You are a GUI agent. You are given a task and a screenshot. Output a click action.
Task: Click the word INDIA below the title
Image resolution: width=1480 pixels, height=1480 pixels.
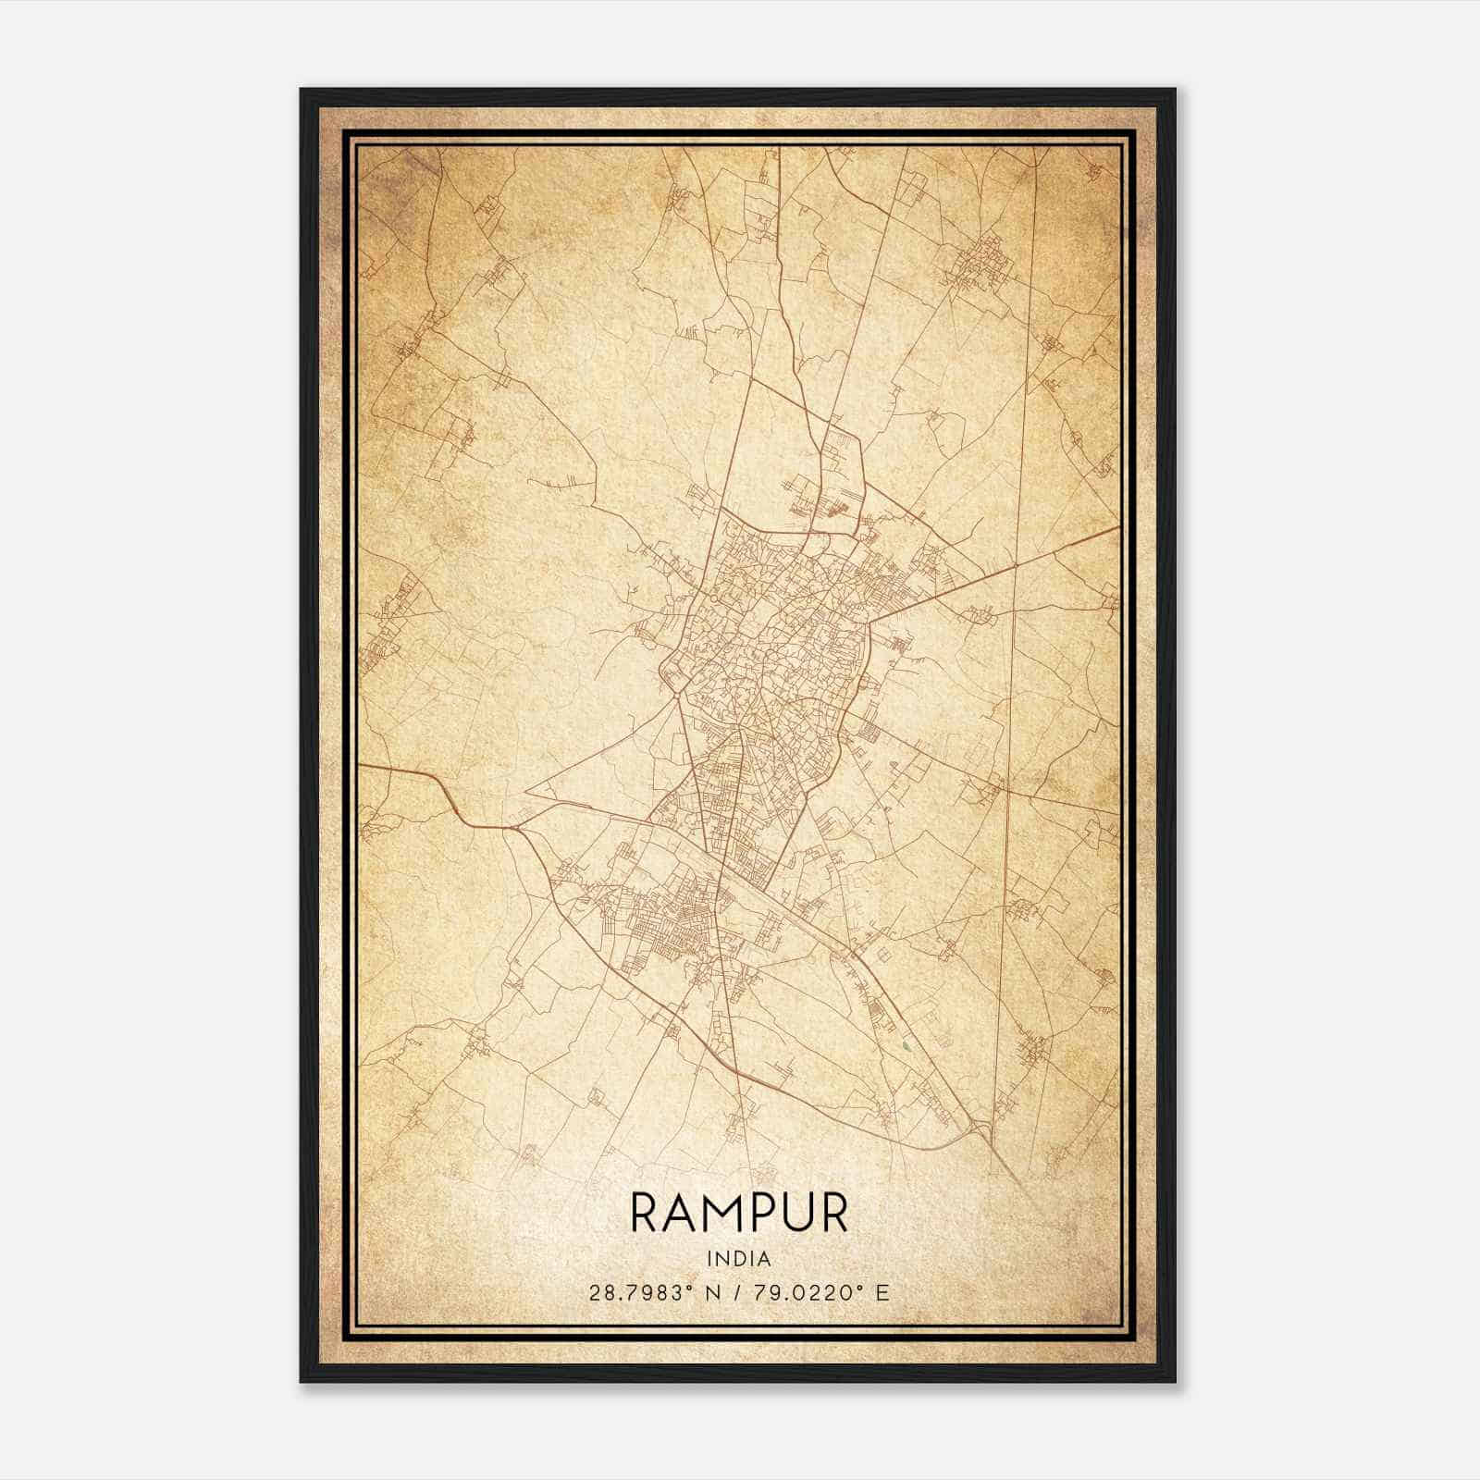[x=739, y=1258]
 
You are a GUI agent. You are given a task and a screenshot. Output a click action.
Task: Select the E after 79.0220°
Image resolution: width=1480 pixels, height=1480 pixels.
[x=882, y=1293]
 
